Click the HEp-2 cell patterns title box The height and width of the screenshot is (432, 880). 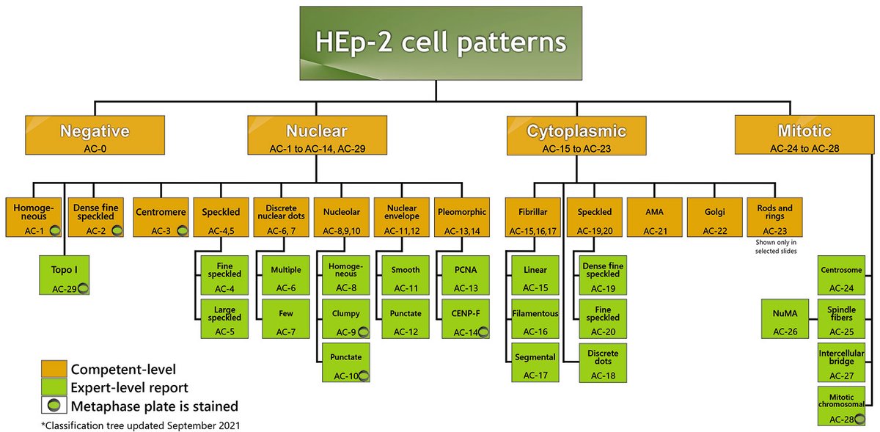[436, 42]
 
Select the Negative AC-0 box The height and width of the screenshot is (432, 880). [95, 135]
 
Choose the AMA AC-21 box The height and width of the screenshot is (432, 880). [653, 219]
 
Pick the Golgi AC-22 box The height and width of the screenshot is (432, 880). [714, 219]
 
